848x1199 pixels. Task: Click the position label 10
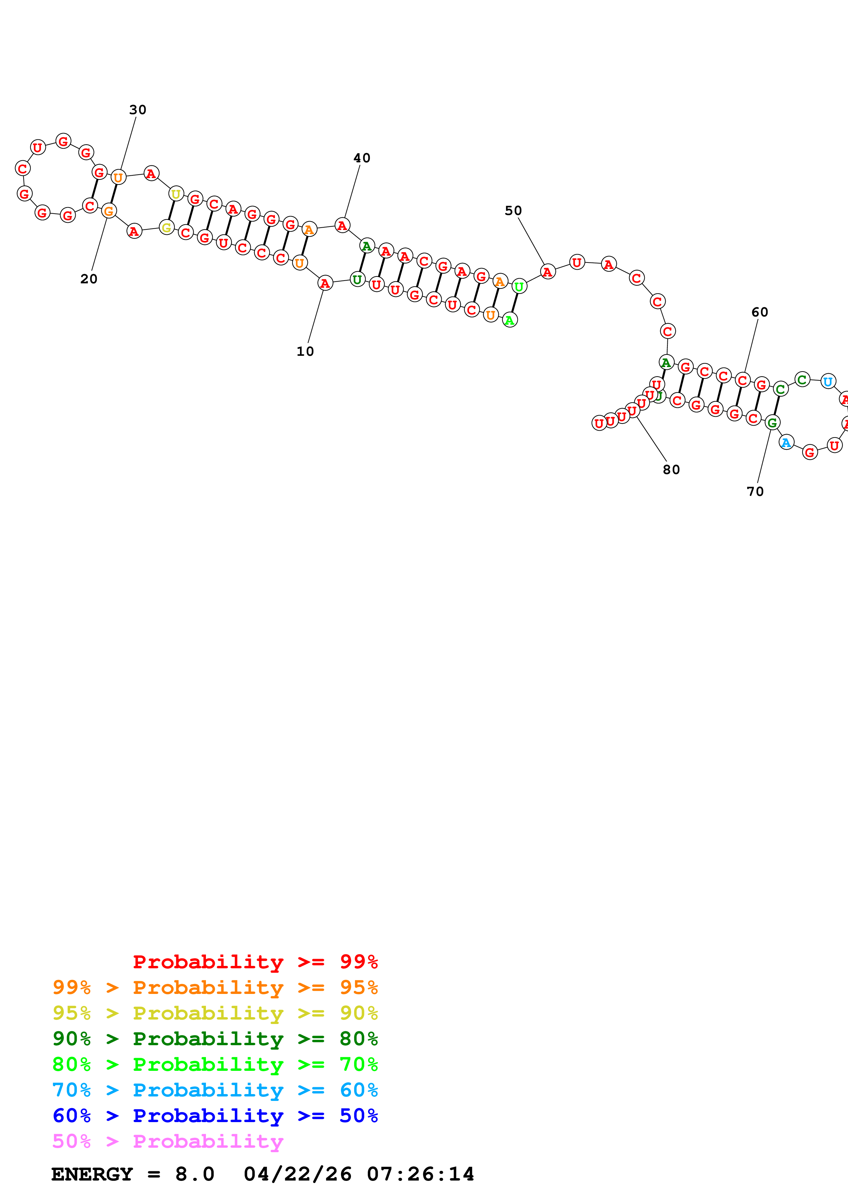(305, 351)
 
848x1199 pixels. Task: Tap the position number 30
(138, 110)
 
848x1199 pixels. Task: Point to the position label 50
(513, 211)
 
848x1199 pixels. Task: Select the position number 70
(755, 491)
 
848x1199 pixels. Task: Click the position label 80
(671, 470)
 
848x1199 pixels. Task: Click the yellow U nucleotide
(176, 194)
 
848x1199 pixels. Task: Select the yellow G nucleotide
(166, 228)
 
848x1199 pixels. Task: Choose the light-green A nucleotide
(509, 320)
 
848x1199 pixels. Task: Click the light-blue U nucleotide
(827, 382)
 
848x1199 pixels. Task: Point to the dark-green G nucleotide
(772, 423)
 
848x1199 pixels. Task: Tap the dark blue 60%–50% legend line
(215, 1116)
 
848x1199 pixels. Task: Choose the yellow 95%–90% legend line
(215, 1013)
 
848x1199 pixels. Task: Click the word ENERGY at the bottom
(92, 1174)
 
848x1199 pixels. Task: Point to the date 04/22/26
(297, 1174)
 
